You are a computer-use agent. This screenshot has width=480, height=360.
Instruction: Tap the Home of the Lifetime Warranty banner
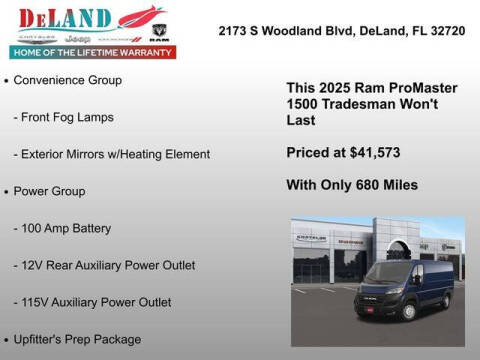click(x=91, y=51)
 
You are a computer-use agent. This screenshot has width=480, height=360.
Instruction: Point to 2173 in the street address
click(x=234, y=31)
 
